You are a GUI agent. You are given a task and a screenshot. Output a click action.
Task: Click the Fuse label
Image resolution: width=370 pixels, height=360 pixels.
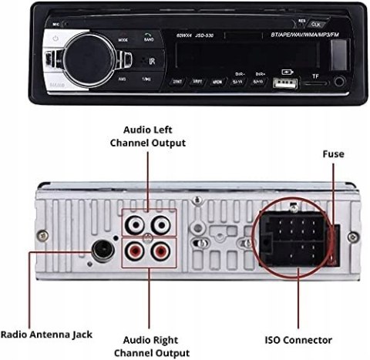[333, 154]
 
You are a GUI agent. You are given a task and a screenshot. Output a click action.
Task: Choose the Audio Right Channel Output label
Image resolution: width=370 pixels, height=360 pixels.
[149, 344]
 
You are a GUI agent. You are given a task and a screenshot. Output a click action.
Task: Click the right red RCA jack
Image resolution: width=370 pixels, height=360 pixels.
[161, 251]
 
